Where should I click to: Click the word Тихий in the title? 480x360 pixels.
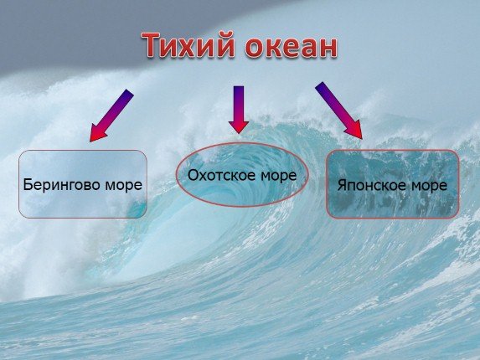tap(188, 47)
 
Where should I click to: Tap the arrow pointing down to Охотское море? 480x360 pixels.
tap(239, 108)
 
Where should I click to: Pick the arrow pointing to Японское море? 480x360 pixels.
tap(338, 109)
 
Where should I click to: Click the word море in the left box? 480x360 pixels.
tap(121, 184)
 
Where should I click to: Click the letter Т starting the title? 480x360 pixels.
tap(152, 47)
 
